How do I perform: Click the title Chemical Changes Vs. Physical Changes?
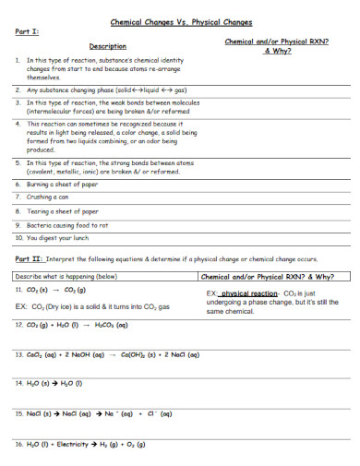[181, 21]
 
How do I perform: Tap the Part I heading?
[28, 30]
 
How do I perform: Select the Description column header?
[107, 45]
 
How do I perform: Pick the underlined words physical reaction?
[249, 293]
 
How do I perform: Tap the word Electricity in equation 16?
[71, 444]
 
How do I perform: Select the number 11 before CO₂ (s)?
[18, 289]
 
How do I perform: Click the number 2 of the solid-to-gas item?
[18, 90]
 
